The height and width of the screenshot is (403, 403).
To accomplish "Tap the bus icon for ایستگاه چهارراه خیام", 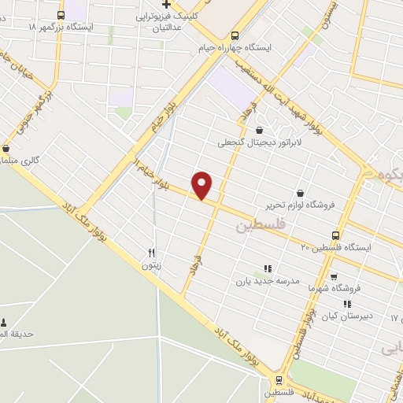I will point(235,35).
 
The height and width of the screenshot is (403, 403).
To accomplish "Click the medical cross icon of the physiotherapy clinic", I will point(165,5).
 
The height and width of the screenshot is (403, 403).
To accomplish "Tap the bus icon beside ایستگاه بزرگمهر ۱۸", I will point(62,14).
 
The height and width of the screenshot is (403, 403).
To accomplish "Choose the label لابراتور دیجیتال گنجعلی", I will point(261,143).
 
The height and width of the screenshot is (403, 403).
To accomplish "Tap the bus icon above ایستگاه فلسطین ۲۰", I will point(336,235).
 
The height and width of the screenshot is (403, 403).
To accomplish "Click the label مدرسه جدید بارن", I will point(268,280).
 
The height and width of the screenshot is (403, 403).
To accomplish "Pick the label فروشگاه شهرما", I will point(334,288).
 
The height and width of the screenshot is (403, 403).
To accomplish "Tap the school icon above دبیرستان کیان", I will point(346,304).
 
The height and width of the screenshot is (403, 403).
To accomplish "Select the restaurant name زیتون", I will point(151,266).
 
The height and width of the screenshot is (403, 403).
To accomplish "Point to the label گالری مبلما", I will point(21,160).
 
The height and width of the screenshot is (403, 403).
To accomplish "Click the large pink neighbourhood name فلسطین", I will point(257,226).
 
